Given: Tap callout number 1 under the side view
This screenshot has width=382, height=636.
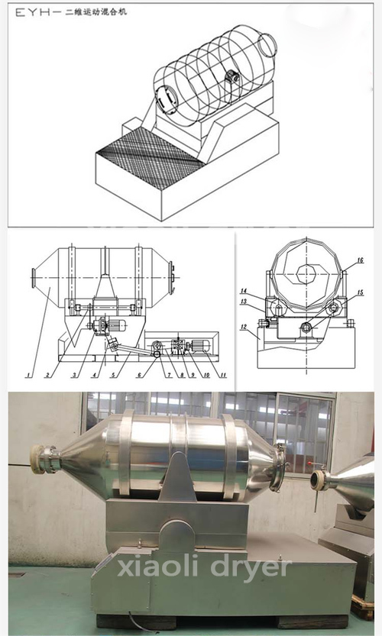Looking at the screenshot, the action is (28, 376).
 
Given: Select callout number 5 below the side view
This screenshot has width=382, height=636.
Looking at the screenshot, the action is (113, 376).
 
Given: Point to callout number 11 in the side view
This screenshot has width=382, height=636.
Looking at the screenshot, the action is (222, 376).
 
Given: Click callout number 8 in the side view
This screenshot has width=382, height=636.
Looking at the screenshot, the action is (182, 376).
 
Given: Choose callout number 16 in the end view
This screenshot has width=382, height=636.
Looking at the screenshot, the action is (360, 260).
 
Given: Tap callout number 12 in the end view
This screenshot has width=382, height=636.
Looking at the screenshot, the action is (244, 327).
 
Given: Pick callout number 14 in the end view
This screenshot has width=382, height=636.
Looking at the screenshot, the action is (244, 291).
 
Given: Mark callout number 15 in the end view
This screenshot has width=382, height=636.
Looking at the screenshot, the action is (360, 292).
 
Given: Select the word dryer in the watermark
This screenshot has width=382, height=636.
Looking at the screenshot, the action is (251, 568).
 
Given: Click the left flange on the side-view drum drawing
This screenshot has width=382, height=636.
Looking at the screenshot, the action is (34, 278).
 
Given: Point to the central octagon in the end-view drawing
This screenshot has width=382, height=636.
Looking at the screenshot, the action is (308, 275).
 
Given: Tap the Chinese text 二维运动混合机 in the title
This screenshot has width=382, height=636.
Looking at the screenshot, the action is (95, 11).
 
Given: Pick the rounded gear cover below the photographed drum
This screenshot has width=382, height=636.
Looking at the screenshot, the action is (176, 536).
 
